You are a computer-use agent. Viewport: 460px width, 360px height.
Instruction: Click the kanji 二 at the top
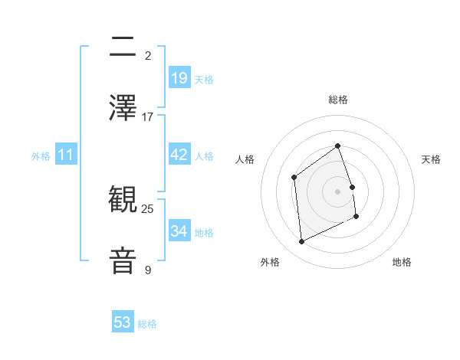pos(123,46)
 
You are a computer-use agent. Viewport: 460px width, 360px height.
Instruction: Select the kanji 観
pos(123,201)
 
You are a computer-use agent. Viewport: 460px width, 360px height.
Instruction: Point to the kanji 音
pos(123,260)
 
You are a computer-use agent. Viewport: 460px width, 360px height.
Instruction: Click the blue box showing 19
pos(179,78)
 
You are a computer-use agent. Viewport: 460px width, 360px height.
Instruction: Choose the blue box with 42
pos(179,155)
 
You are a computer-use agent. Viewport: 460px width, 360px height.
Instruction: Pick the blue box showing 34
pos(179,231)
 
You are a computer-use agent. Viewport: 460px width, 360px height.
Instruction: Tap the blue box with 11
pos(66,155)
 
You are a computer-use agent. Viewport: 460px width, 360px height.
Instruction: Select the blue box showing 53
pos(123,322)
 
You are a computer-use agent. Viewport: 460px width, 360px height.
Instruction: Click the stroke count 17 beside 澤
pos(148,117)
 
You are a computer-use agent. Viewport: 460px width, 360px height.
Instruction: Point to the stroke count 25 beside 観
pos(148,208)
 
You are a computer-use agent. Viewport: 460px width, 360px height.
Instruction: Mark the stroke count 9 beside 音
pos(148,270)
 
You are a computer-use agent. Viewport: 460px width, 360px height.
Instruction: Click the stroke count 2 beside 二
pos(148,56)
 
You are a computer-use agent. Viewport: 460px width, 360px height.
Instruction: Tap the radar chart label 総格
pos(338,100)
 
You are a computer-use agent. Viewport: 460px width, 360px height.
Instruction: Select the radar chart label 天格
pos(432,159)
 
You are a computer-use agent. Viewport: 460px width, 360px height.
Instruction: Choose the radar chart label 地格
pos(402,262)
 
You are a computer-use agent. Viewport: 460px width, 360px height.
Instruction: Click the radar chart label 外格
pos(270,262)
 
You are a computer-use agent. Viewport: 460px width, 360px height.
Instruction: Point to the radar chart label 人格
pos(245,159)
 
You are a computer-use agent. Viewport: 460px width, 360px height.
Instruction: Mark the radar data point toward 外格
pos(301,242)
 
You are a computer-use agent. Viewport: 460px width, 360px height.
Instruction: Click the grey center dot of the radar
pos(338,191)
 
